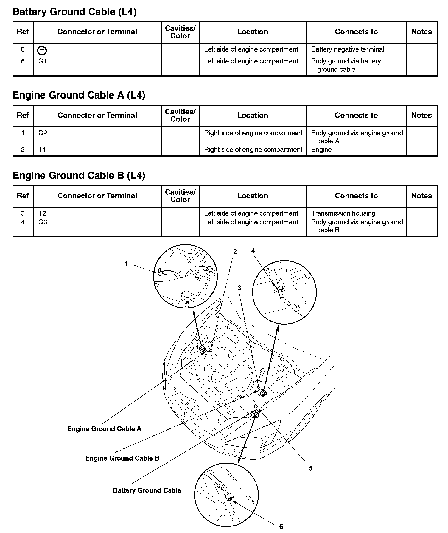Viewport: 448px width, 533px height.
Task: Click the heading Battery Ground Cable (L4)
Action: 74,12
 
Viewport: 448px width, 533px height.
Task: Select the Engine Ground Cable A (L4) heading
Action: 79,95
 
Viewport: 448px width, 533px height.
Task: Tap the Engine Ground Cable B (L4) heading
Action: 79,176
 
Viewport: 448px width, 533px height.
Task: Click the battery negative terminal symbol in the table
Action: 42,51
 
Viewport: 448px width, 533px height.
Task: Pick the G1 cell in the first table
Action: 43,61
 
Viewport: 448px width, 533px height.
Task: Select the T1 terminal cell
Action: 42,149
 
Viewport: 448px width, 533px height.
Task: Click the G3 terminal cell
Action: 43,222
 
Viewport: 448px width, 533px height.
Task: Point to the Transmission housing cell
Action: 343,213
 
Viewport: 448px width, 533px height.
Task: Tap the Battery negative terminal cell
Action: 348,49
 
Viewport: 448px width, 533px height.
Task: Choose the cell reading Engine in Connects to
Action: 321,149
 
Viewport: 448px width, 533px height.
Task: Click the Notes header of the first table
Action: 421,32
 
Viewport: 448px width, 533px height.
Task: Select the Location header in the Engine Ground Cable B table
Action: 253,196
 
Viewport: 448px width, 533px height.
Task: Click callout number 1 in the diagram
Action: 126,264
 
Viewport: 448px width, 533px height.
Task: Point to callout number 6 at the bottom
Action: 281,526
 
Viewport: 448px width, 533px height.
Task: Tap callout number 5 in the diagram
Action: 311,468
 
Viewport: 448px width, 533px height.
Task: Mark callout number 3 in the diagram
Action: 239,288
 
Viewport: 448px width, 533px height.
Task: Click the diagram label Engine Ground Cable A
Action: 104,429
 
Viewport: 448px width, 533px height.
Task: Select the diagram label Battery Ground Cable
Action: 147,490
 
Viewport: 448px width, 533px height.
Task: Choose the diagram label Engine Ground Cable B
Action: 122,458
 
